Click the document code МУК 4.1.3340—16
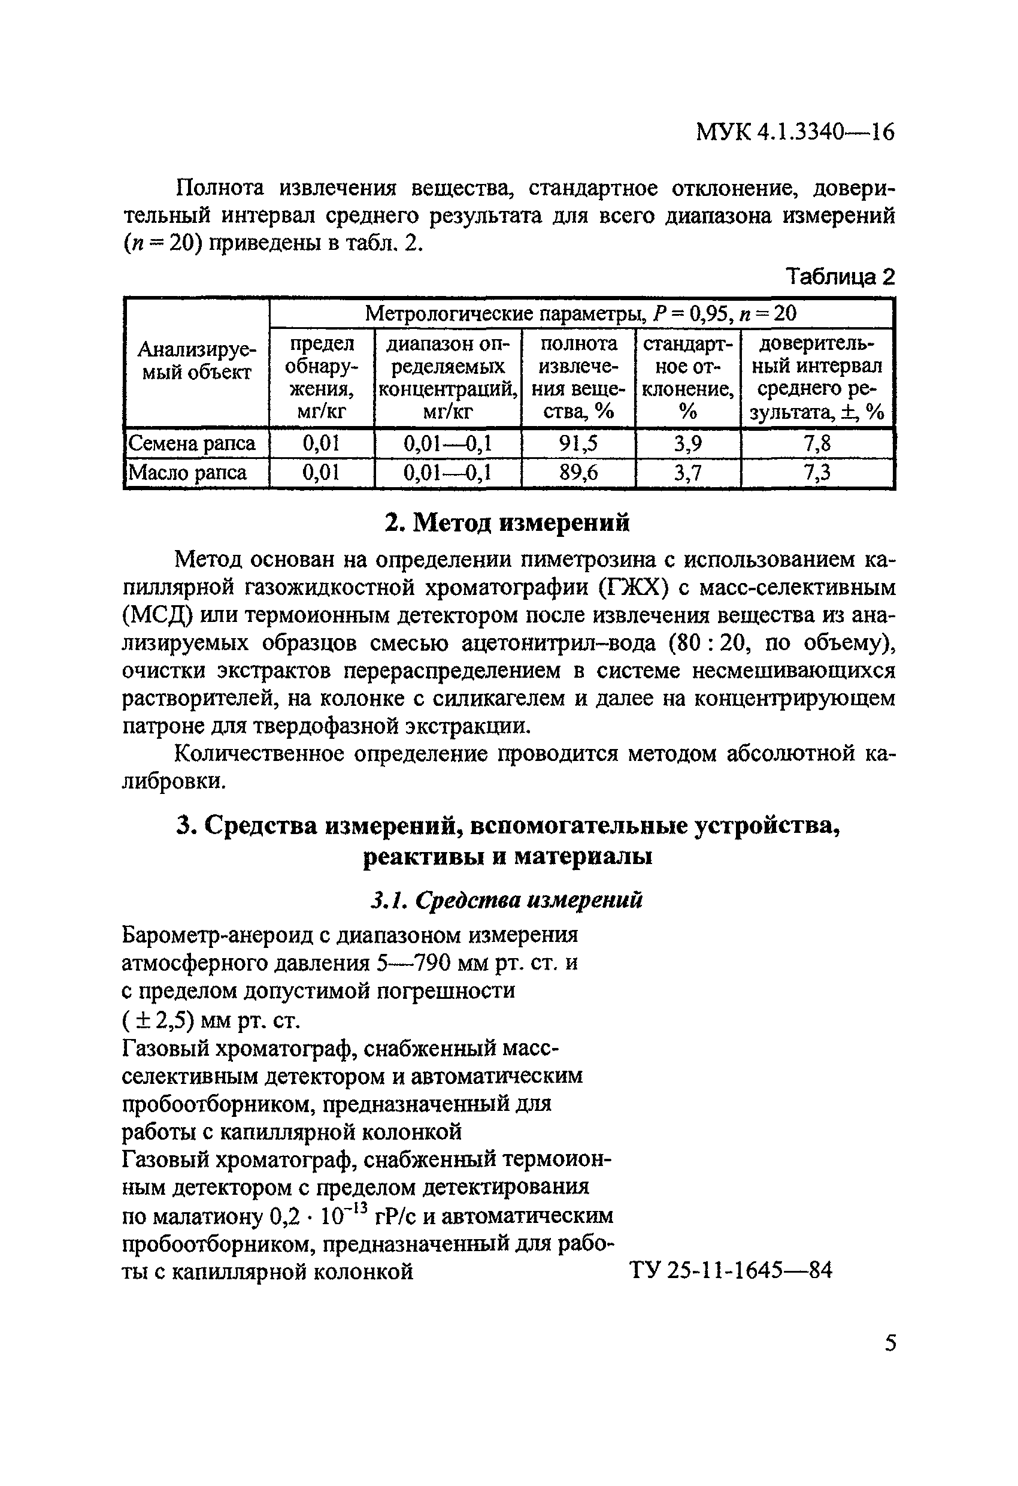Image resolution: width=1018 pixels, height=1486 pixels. (x=794, y=132)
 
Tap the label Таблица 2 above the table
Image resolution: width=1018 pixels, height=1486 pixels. (x=840, y=276)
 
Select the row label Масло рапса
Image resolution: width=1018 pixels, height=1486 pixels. (x=188, y=473)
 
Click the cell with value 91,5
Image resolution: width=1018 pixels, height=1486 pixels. (x=578, y=443)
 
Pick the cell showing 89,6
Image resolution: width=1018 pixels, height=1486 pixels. (x=578, y=473)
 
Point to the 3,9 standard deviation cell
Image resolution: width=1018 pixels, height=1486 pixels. (x=687, y=443)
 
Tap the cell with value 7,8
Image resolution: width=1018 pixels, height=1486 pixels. (x=817, y=443)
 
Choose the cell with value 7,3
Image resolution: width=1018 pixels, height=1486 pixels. (x=817, y=473)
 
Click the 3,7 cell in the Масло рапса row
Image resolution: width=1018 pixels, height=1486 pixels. (x=687, y=473)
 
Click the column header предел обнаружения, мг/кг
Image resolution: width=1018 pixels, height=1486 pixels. (x=322, y=377)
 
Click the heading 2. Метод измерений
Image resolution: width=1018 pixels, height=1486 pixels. (x=507, y=522)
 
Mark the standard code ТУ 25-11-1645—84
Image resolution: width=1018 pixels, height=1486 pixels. (x=731, y=1270)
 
